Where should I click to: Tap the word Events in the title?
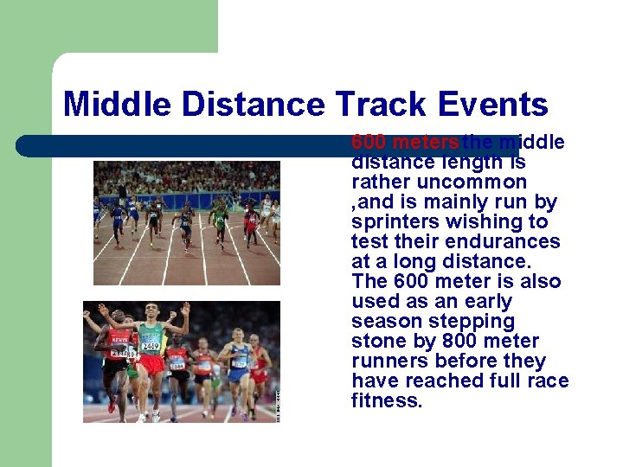click(x=493, y=105)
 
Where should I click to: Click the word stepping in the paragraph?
click(x=479, y=321)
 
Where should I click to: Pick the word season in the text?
click(x=383, y=321)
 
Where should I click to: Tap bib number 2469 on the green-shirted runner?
click(x=151, y=347)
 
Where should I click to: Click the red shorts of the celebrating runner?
click(x=152, y=364)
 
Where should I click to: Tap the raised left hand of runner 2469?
click(x=185, y=307)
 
